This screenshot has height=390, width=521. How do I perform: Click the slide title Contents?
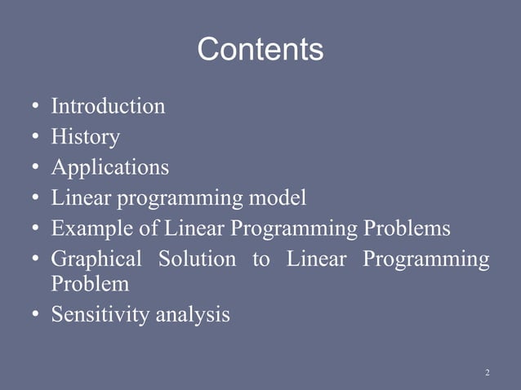[260, 51]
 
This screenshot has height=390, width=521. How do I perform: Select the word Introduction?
[108, 106]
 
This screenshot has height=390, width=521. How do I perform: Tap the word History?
[86, 137]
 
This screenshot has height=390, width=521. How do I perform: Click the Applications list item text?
[110, 167]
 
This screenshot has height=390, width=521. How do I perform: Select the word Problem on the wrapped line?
[90, 284]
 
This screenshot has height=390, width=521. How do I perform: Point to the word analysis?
[189, 314]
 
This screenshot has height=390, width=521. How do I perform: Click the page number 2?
[487, 373]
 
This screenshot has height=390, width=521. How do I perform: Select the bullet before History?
[36, 138]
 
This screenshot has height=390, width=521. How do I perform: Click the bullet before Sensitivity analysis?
[36, 315]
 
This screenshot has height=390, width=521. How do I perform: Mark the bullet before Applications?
[36, 169]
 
